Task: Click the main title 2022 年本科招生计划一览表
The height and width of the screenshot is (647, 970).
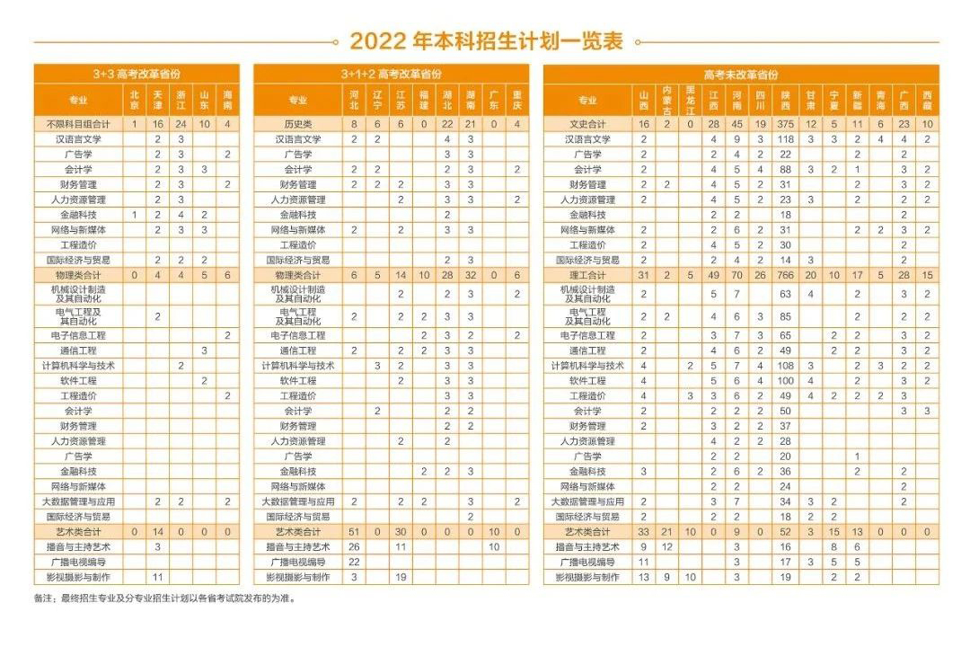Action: pyautogui.click(x=486, y=41)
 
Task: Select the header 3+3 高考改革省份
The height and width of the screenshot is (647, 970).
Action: pyautogui.click(x=137, y=74)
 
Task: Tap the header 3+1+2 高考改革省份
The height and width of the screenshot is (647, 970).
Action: pyautogui.click(x=391, y=74)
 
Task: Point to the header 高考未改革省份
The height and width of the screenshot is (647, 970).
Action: pyautogui.click(x=741, y=75)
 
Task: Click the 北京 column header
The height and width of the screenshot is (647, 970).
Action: pyautogui.click(x=134, y=100)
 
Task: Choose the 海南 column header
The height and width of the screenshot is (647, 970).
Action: pyautogui.click(x=227, y=100)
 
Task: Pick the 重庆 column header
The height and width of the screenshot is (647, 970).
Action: pyautogui.click(x=517, y=100)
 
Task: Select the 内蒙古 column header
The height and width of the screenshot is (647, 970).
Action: pyautogui.click(x=666, y=100)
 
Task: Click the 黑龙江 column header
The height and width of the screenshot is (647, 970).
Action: pyautogui.click(x=690, y=100)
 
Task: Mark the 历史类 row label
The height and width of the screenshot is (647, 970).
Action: pyautogui.click(x=297, y=124)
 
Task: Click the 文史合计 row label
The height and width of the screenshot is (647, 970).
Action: pyautogui.click(x=587, y=124)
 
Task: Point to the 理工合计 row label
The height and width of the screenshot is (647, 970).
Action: pyautogui.click(x=587, y=275)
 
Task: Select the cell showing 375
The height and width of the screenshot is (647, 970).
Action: pyautogui.click(x=786, y=124)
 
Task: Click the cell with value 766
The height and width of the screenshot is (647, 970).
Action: pyautogui.click(x=786, y=275)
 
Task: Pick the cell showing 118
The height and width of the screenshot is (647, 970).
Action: pyautogui.click(x=786, y=139)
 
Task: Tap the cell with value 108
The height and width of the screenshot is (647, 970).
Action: pyautogui.click(x=786, y=366)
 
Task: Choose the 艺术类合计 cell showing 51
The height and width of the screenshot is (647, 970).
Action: pyautogui.click(x=354, y=532)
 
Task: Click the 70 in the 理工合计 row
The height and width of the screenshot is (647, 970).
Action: pyautogui.click(x=737, y=275)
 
